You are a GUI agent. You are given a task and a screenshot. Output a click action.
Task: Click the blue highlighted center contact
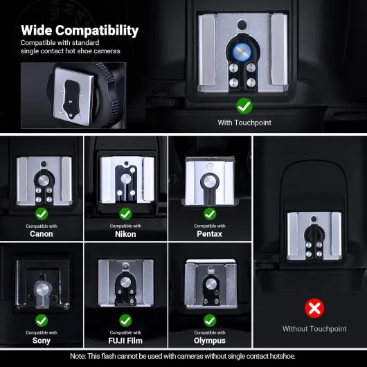tap(242, 52)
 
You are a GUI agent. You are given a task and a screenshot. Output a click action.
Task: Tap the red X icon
tap(314, 308)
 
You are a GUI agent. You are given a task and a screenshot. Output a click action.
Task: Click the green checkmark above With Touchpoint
tap(244, 106)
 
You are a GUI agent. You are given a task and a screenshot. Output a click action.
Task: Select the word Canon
tap(42, 234)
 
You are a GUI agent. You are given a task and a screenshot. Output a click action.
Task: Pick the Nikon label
tap(125, 234)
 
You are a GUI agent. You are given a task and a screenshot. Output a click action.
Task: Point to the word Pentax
tap(210, 234)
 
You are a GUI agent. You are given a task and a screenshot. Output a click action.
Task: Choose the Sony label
tap(42, 341)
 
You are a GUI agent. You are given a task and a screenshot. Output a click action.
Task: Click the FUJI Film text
tap(125, 341)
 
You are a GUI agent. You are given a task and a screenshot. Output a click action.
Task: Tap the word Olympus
tap(210, 341)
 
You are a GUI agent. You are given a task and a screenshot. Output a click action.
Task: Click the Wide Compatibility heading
tap(80, 30)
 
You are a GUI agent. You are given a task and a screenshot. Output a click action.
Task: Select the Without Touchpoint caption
tap(314, 329)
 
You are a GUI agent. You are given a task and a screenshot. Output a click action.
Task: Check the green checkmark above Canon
tap(42, 214)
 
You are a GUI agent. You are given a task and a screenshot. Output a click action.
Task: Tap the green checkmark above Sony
tap(42, 321)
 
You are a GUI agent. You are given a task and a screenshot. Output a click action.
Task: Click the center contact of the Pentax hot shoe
tap(210, 181)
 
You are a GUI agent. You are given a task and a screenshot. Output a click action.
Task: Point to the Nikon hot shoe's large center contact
tap(126, 179)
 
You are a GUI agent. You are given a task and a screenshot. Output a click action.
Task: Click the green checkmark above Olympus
tap(210, 321)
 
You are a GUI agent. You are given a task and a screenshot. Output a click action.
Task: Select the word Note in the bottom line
tap(78, 356)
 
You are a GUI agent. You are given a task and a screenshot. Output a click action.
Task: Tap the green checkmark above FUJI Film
tap(125, 321)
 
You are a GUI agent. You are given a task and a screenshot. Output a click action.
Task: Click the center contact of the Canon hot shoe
tap(44, 181)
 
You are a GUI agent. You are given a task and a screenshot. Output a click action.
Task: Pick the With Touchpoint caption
tap(244, 123)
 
